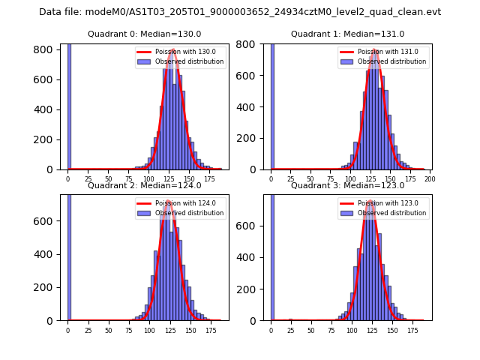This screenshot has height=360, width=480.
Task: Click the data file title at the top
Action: pos(240,12)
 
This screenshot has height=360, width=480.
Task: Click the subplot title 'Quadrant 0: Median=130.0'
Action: pos(145,34)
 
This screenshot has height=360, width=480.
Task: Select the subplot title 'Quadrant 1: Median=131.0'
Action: pos(347,34)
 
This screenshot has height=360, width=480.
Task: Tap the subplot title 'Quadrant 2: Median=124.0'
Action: pos(145,185)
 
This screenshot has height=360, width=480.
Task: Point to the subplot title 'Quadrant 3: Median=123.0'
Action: pos(347,185)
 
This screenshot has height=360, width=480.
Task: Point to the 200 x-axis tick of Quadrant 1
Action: pos(430,179)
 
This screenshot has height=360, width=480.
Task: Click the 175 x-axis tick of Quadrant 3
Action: pos(412,330)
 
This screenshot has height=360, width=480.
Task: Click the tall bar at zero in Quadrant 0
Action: pos(69,105)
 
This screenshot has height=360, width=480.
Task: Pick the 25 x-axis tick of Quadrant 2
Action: pos(88,330)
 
